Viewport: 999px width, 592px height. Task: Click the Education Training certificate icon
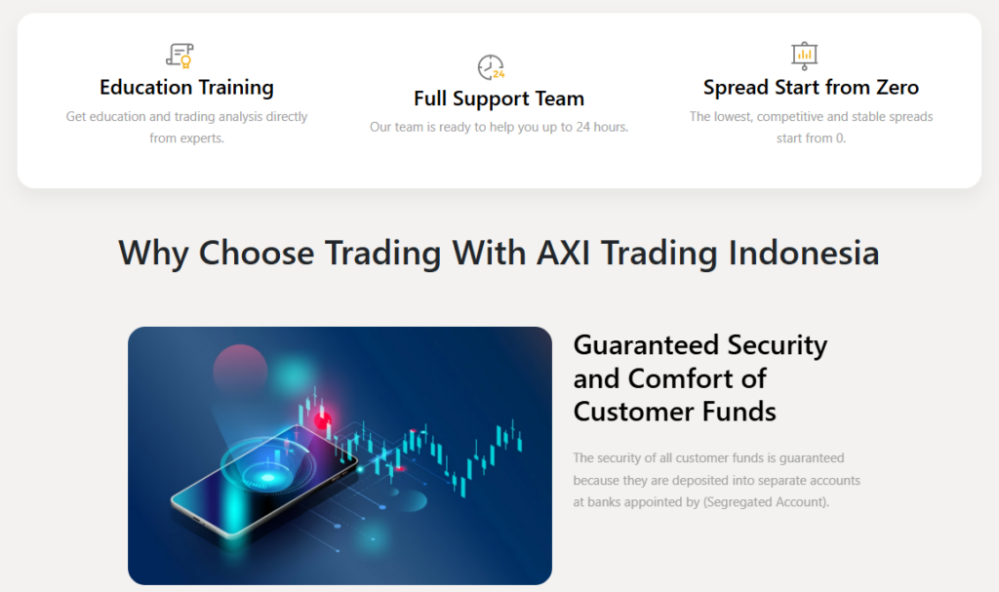179,55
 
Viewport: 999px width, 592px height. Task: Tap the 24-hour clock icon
491,67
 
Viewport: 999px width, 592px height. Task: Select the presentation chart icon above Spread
804,55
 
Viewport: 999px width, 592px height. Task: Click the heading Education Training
186,88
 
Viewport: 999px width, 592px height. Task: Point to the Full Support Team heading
499,99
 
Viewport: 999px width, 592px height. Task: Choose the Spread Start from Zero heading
811,88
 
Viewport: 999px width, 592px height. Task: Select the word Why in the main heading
153,253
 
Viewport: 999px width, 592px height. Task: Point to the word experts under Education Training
201,138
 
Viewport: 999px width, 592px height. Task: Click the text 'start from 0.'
811,138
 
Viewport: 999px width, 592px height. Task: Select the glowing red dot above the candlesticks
322,422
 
